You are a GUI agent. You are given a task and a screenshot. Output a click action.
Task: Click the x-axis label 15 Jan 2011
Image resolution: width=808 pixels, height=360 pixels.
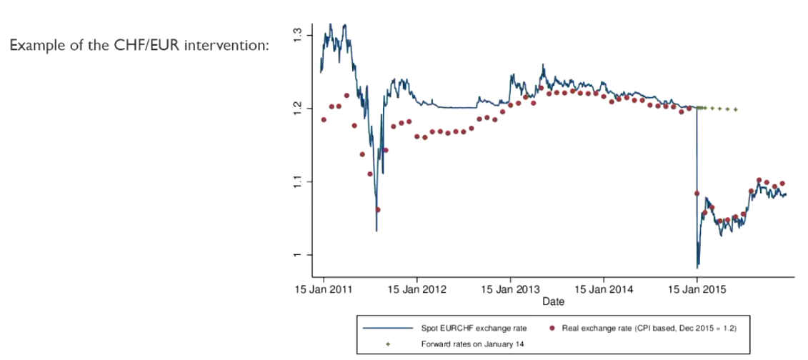point(324,289)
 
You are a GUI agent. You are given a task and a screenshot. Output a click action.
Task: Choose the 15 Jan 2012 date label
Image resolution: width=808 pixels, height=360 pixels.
point(417,289)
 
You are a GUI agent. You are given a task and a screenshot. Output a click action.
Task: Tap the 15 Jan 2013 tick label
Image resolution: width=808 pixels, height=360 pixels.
point(510,289)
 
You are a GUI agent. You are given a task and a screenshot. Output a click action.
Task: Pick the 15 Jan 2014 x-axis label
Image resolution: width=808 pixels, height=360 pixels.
point(604,289)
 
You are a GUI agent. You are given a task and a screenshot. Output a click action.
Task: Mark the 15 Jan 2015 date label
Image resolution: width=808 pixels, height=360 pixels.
point(697,289)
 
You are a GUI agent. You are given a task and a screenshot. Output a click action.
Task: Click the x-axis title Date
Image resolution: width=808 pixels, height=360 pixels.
point(553,301)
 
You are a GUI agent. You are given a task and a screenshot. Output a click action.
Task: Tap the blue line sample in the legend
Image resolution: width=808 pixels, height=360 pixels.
point(387,328)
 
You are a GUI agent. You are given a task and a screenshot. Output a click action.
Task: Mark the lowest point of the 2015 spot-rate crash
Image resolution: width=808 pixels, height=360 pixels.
point(697,267)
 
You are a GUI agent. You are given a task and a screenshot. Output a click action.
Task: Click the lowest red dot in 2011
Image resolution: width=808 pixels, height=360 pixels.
point(378,210)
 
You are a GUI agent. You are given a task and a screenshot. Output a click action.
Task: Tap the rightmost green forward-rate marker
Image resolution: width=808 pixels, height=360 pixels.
point(736,110)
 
